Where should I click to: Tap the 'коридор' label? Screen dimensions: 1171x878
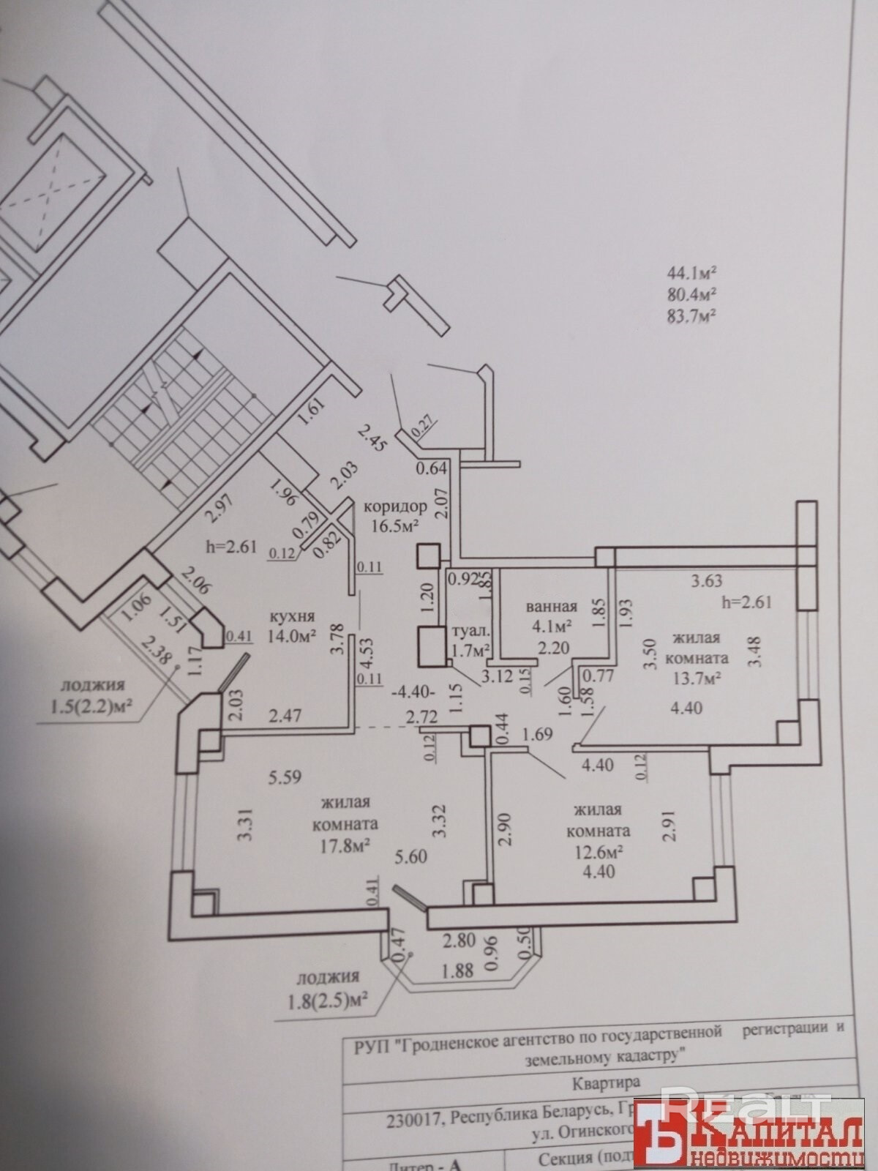394,506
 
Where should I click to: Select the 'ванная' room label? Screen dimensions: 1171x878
552,606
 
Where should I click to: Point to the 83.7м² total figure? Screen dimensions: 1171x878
690,316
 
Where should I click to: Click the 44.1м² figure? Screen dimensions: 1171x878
690,274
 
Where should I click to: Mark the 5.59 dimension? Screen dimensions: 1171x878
285,777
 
